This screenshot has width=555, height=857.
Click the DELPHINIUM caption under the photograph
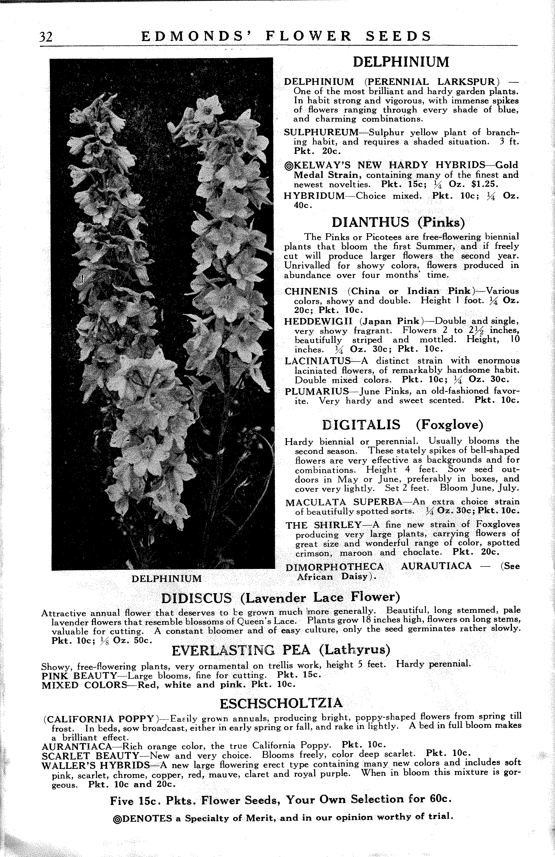tap(167, 579)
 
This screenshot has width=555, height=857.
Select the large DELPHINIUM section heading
tap(401, 62)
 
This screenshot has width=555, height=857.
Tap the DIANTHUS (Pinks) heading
tap(398, 222)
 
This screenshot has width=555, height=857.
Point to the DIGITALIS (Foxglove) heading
tap(402, 425)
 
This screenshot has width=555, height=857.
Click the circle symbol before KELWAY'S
tap(288, 166)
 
